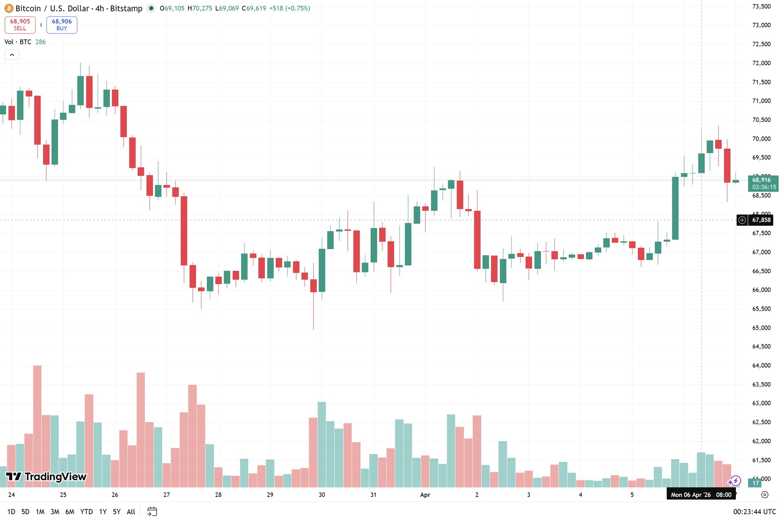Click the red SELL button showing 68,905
click(20, 25)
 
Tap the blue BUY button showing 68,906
click(62, 25)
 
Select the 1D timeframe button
click(11, 512)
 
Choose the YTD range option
click(86, 512)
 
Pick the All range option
click(131, 512)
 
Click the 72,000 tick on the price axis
click(761, 63)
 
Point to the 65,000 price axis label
click(761, 328)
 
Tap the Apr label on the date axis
click(425, 495)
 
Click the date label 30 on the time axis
click(322, 495)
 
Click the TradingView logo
click(46, 477)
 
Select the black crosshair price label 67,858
click(761, 220)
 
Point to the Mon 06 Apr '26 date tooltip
click(701, 495)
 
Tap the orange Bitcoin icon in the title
click(9, 9)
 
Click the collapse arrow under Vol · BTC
click(12, 55)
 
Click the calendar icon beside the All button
click(152, 512)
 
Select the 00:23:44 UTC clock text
click(755, 512)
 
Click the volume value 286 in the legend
click(40, 42)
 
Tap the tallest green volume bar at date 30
click(322, 444)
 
